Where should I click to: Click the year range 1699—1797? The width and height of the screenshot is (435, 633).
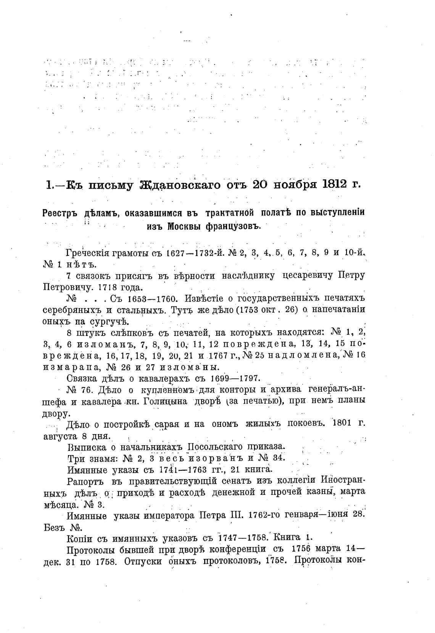click(235, 378)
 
